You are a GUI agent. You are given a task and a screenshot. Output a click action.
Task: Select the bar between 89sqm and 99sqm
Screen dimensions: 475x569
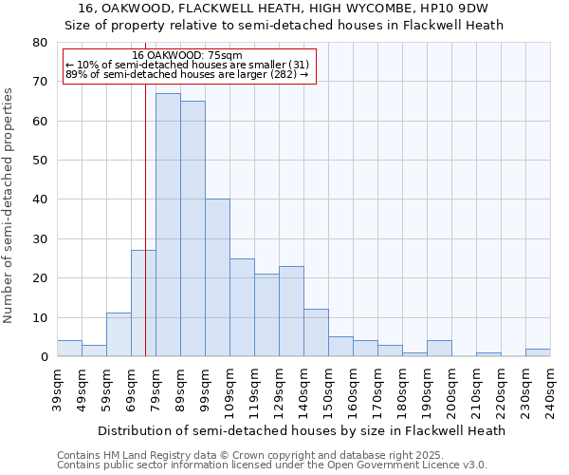[193, 229]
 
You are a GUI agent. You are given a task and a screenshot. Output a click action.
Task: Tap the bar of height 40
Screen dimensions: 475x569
[217, 277]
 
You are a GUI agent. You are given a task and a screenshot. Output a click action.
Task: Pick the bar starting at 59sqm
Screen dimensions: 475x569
[119, 334]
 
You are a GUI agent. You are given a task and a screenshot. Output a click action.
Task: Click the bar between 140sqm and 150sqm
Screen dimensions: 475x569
[316, 332]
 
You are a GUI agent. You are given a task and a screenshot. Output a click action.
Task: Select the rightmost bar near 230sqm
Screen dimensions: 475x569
[538, 352]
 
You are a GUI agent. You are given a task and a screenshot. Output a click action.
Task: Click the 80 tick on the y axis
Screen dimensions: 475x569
[39, 43]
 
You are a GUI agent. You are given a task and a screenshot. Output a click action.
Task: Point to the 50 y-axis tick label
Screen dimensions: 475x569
[39, 161]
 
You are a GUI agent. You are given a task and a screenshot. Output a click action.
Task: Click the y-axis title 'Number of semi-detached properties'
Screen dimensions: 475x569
[9, 204]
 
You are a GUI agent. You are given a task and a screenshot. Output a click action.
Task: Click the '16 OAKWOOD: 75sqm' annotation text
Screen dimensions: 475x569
[188, 55]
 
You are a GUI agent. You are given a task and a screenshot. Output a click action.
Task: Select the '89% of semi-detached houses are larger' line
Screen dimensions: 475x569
[187, 74]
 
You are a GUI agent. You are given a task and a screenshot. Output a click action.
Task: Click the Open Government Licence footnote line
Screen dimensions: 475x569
[272, 465]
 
